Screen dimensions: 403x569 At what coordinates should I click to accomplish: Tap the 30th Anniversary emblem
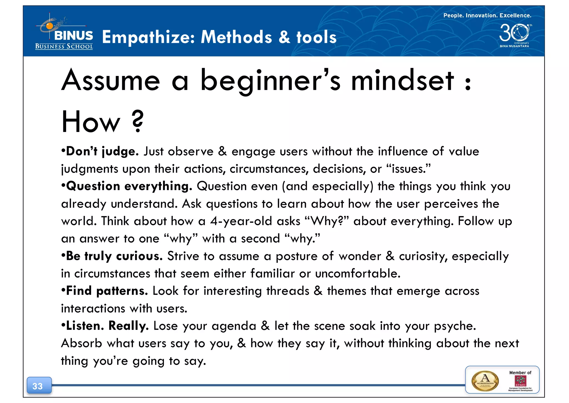515,35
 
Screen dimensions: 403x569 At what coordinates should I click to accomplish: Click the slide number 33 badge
39,386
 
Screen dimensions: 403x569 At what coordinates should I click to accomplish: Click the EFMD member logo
520,381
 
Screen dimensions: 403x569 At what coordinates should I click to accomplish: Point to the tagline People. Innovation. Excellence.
487,16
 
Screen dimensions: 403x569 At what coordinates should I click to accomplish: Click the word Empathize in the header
148,37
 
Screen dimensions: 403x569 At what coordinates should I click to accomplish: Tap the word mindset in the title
403,81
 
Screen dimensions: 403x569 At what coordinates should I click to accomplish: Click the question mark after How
138,121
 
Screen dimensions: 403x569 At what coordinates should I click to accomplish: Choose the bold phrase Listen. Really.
107,326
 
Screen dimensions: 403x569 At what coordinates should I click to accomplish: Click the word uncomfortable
358,274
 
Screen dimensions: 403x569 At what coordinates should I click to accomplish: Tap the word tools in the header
316,37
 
